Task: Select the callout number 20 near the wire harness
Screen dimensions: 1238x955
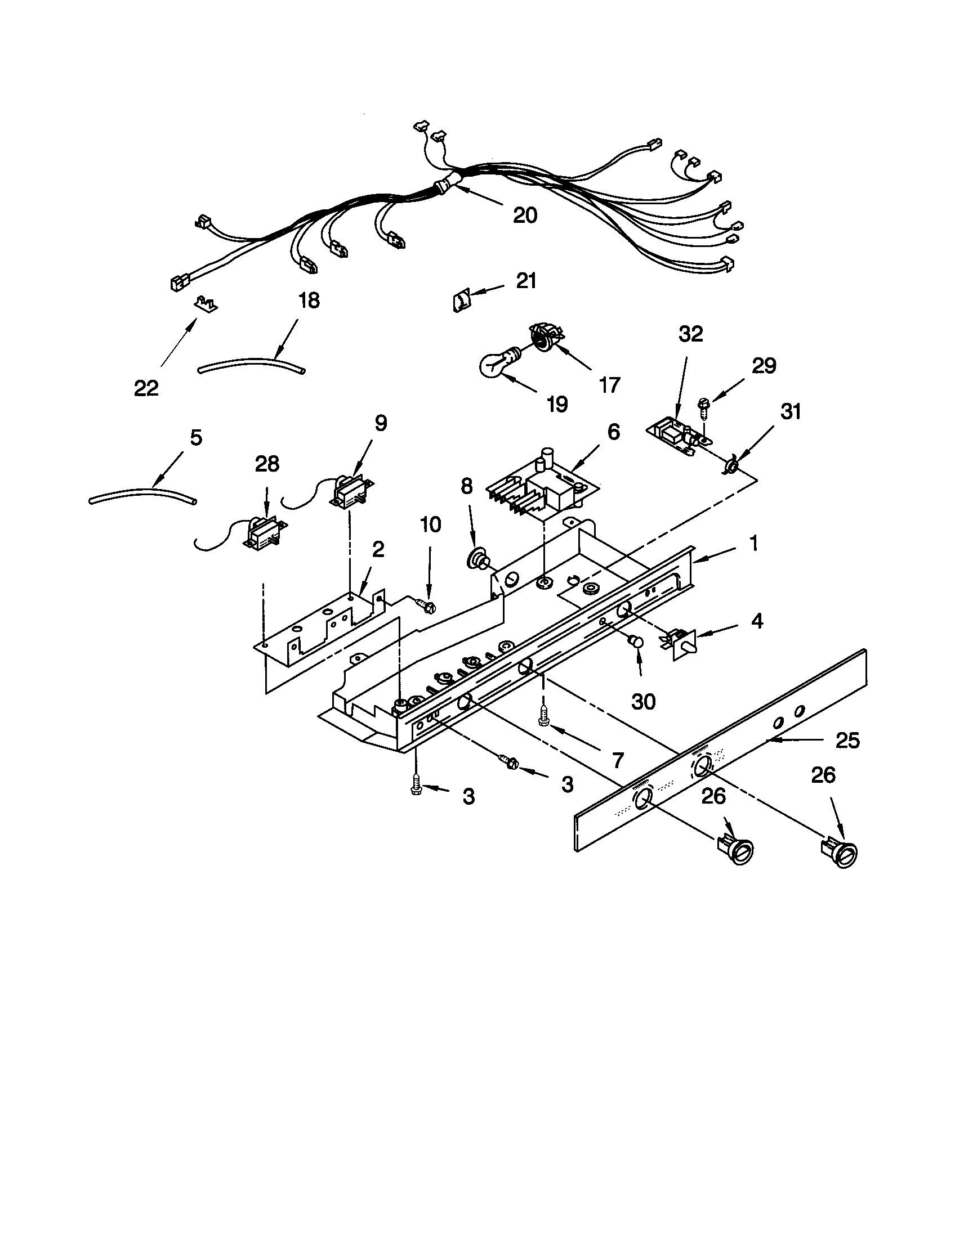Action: point(525,215)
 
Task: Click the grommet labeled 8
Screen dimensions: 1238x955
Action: point(476,562)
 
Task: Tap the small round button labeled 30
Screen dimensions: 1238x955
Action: point(636,642)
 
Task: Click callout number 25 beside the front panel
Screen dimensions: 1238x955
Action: point(847,741)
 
